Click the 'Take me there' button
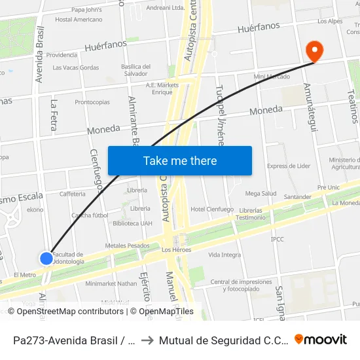[x=180, y=161]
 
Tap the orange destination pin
[x=314, y=50]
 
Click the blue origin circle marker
[x=46, y=258]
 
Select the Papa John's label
[x=86, y=9]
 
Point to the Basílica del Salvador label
[x=136, y=69]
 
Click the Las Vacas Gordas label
[x=76, y=67]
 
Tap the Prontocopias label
[x=92, y=102]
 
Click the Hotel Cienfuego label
[x=211, y=209]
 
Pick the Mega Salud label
[x=261, y=194]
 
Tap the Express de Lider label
[x=289, y=166]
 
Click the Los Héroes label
[x=175, y=250]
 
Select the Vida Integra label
[x=225, y=255]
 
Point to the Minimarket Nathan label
[x=111, y=283]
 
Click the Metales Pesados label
[x=128, y=245]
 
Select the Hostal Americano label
[x=79, y=20]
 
